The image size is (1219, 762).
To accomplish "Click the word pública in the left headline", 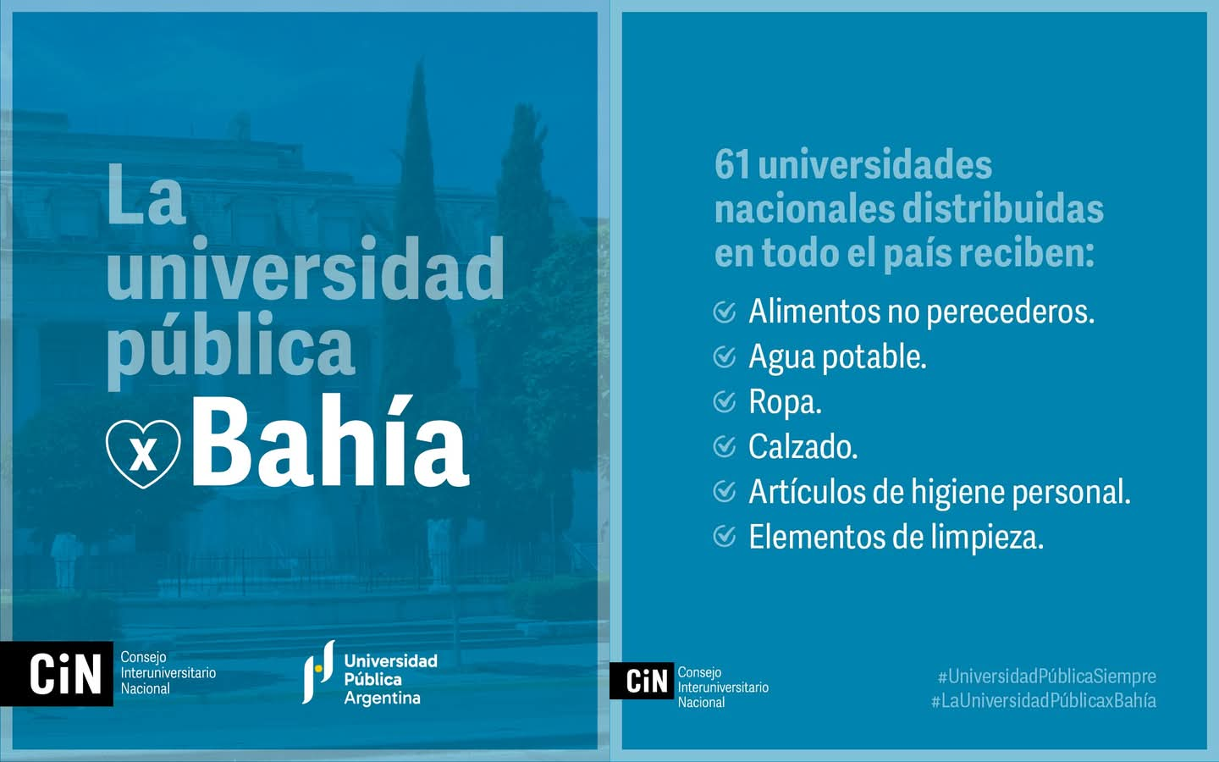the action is (230, 348).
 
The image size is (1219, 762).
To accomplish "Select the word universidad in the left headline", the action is (305, 269).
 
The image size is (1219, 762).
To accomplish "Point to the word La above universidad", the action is (146, 194).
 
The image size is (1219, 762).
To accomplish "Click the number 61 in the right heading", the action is (732, 165).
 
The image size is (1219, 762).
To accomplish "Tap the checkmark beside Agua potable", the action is (725, 357).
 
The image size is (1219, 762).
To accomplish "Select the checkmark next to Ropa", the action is (725, 402).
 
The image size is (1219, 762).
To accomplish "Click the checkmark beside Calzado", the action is (725, 447).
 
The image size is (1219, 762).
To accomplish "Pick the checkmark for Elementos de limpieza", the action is (725, 537).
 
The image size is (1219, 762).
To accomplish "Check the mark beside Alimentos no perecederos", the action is (725, 312).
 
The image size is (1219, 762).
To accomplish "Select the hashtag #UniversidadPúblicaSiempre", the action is (1047, 676).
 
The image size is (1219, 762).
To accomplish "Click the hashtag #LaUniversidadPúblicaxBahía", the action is (1043, 700).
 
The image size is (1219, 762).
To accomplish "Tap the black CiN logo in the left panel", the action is (57, 674).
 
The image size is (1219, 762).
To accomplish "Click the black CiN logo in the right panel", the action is (642, 681).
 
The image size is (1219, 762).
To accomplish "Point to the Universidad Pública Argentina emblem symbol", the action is (318, 671).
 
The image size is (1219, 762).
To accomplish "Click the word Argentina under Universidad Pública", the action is (382, 698).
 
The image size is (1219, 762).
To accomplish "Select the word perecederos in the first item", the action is (1011, 313).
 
